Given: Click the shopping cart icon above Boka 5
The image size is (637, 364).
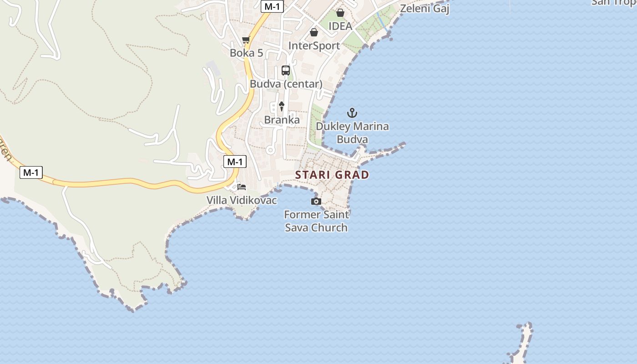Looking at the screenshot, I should [246, 40].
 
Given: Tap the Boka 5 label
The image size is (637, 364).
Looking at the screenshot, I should [246, 53].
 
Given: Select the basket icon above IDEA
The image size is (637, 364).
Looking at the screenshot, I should [340, 13].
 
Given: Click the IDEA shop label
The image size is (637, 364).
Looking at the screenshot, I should [340, 26].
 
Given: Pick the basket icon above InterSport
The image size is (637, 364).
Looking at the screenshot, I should [313, 32].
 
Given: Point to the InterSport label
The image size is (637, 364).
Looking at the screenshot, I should [314, 45].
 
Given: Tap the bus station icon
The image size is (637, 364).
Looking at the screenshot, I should [286, 71].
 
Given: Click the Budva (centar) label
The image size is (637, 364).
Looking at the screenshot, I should [286, 84].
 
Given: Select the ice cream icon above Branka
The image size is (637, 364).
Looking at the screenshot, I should [282, 106].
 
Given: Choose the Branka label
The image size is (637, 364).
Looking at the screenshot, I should [282, 120].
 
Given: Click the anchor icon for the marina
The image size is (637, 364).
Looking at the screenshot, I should [352, 113].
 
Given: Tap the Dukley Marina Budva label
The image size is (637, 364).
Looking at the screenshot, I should [352, 132].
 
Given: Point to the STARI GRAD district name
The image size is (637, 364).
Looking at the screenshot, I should [332, 175].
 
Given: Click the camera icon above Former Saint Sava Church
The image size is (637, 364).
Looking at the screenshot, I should [316, 201].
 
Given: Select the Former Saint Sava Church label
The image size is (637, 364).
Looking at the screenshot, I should [316, 221].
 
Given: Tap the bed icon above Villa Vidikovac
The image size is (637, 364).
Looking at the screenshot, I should [242, 187].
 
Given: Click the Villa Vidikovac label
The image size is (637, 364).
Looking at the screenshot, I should [242, 200].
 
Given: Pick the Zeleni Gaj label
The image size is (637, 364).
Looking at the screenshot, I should [425, 8].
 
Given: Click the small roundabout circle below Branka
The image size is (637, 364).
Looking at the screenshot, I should [270, 149].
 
